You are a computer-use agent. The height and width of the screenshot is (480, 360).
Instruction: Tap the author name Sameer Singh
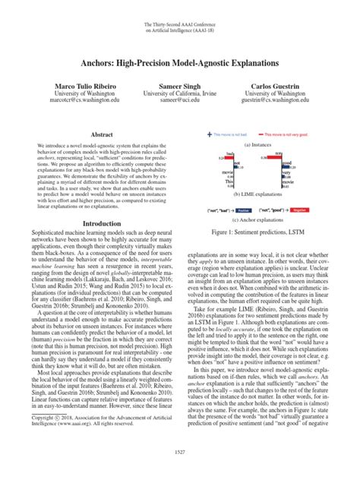pos(180,89)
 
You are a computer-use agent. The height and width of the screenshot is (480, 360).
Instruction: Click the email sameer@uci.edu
pos(180,106)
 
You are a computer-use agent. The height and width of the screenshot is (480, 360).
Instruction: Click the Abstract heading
pos(102,133)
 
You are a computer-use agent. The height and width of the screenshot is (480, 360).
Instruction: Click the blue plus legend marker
pos(210,134)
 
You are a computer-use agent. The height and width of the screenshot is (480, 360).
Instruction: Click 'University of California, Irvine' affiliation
pos(180,98)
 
